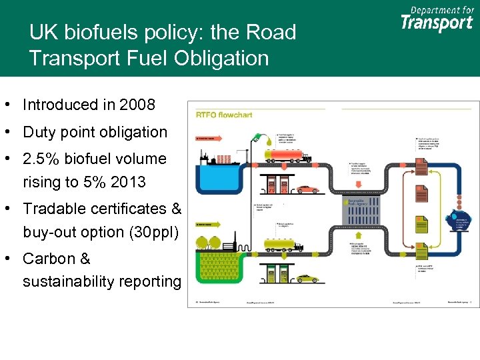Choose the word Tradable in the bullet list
coord(53,209)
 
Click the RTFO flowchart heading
coord(223,115)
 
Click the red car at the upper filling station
coord(308,189)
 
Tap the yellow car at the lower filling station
coord(308,279)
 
